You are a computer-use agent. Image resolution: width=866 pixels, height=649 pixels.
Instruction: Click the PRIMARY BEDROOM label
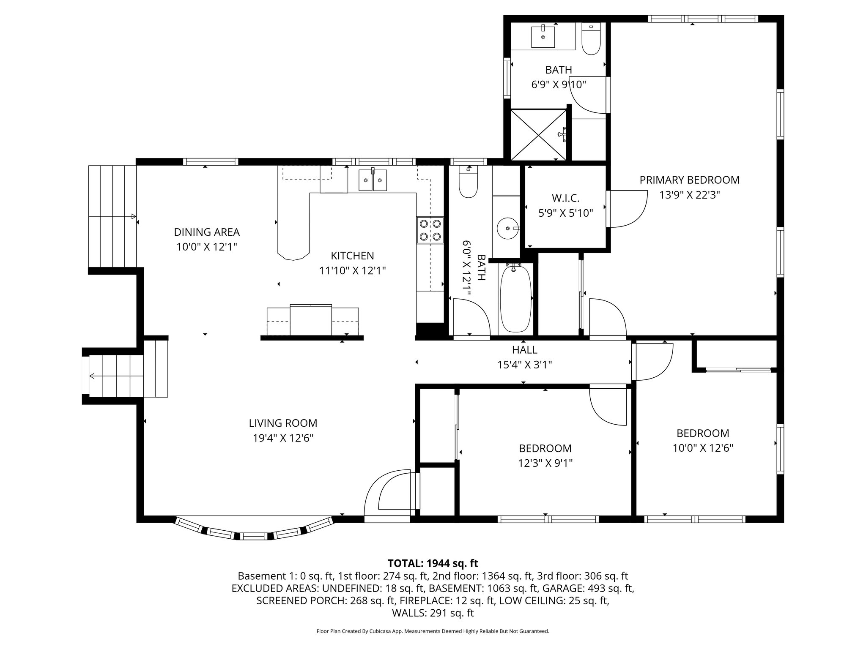pyautogui.click(x=689, y=180)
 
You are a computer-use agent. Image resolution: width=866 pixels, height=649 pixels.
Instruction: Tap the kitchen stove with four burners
pyautogui.click(x=430, y=230)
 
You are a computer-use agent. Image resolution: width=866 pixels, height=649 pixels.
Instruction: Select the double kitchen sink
pyautogui.click(x=373, y=180)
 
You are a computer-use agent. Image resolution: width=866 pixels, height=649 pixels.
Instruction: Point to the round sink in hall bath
pyautogui.click(x=507, y=228)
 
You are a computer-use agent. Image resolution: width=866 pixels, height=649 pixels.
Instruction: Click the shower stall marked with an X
pyautogui.click(x=538, y=135)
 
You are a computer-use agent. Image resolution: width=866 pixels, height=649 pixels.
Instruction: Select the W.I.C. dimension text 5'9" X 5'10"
pyautogui.click(x=565, y=213)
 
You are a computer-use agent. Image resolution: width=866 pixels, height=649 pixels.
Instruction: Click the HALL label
pyautogui.click(x=524, y=350)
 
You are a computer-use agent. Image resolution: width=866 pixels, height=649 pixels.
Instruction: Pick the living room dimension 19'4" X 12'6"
pyautogui.click(x=283, y=438)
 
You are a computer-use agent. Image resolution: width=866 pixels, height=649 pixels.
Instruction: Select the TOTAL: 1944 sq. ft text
pyautogui.click(x=433, y=563)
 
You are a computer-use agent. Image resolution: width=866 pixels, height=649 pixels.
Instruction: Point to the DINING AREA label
pyautogui.click(x=207, y=232)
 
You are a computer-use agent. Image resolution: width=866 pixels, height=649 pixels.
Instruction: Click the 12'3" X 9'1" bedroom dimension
pyautogui.click(x=545, y=464)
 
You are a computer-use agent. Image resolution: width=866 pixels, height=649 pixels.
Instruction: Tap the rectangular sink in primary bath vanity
pyautogui.click(x=543, y=36)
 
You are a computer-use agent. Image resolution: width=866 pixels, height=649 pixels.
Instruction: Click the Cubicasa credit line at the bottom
pyautogui.click(x=433, y=631)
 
